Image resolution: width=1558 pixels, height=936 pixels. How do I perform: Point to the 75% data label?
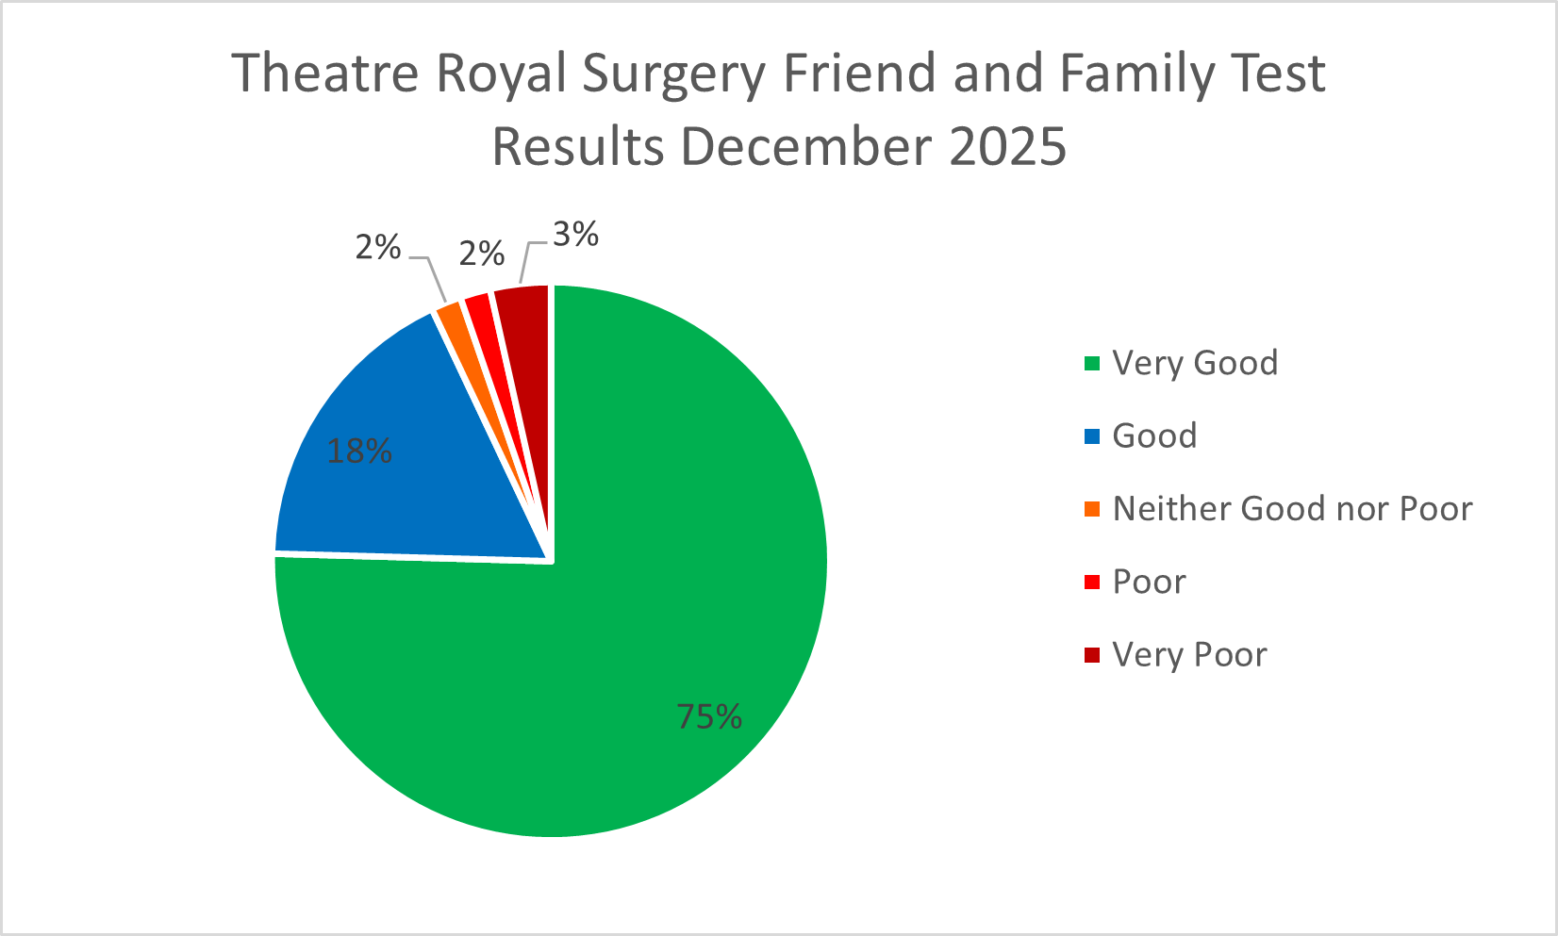pyautogui.click(x=709, y=717)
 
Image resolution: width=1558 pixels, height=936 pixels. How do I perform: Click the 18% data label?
pyautogui.click(x=359, y=452)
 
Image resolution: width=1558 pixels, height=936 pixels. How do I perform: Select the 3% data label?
pyautogui.click(x=575, y=235)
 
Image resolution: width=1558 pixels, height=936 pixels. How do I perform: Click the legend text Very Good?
pyautogui.click(x=1195, y=363)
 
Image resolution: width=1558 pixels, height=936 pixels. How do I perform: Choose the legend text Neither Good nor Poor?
pyautogui.click(x=1292, y=509)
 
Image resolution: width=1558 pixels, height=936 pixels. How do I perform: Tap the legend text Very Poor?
pyautogui.click(x=1189, y=655)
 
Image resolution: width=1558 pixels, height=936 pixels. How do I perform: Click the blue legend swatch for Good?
pyautogui.click(x=1092, y=436)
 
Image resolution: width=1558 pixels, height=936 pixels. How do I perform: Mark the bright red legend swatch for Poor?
pyautogui.click(x=1092, y=582)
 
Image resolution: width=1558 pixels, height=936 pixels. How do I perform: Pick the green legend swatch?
pyautogui.click(x=1092, y=364)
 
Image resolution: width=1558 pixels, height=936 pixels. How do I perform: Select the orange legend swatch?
pyautogui.click(x=1092, y=509)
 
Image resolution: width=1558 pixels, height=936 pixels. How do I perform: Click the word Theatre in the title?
pyautogui.click(x=324, y=74)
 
